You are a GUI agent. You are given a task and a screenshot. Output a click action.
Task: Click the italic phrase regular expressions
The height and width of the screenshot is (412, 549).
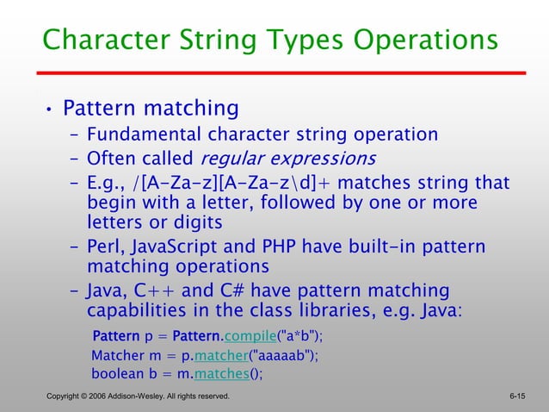287,159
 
